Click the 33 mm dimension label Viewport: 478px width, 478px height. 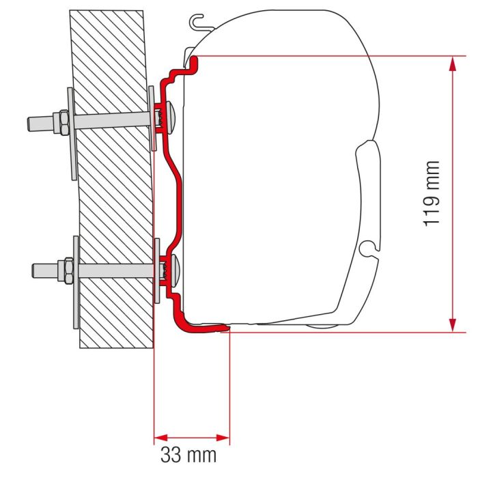(x=188, y=454)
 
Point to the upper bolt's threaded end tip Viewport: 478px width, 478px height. (x=31, y=124)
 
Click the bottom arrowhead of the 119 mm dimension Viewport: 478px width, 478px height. (x=451, y=324)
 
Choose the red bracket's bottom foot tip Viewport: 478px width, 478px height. (x=222, y=329)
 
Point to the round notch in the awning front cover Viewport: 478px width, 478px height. (x=368, y=248)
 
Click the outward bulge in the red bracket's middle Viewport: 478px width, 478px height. (x=182, y=198)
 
